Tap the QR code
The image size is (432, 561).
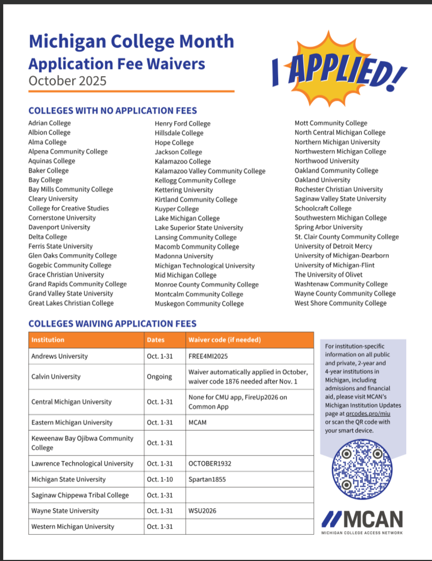pos(362,469)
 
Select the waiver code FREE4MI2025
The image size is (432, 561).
pos(208,356)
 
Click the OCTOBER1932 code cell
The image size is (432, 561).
pos(210,463)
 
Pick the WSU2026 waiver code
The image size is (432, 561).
pos(203,511)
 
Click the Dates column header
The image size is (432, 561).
pos(155,340)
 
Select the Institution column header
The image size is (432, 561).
pos(48,340)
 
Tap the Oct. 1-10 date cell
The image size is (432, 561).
pos(160,479)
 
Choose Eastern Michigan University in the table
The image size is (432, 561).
pos(72,422)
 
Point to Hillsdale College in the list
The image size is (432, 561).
pos(179,133)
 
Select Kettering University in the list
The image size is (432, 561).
pos(184,190)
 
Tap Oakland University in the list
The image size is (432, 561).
pos(322,180)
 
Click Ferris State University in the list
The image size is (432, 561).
pos(61,246)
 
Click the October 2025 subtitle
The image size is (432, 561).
pos(67,81)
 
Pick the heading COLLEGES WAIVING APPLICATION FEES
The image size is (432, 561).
pos(112,324)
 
